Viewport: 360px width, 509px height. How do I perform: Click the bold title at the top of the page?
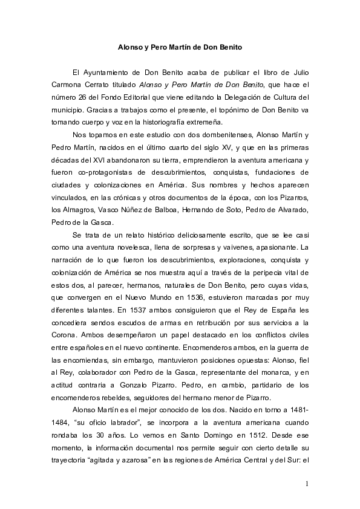click(180, 46)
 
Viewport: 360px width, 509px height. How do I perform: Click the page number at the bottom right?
click(307, 484)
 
